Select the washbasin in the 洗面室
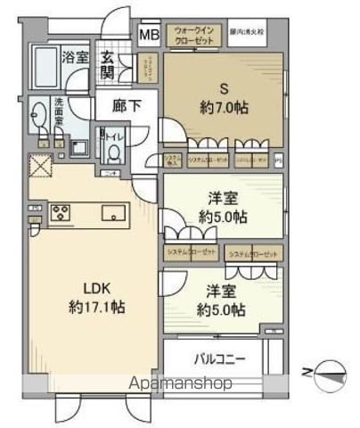coord(38,114)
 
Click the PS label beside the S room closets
coord(278,160)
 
